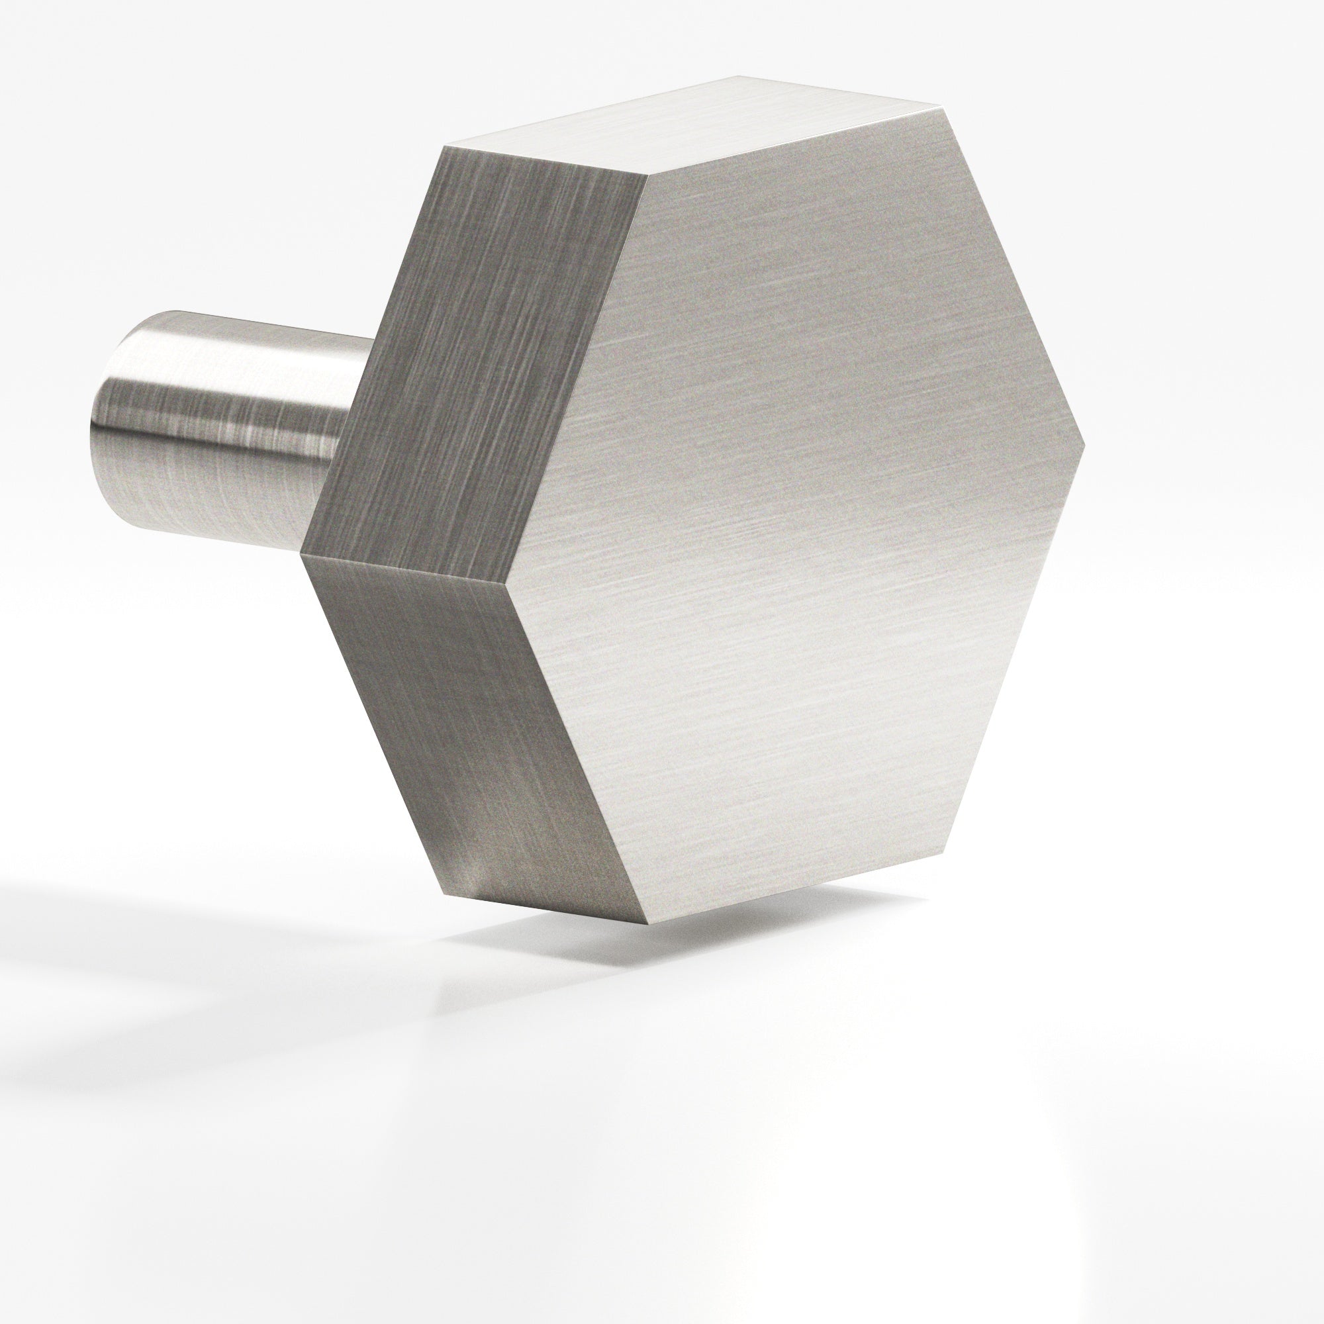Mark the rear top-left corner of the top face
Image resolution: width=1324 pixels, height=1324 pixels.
tap(444, 145)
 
